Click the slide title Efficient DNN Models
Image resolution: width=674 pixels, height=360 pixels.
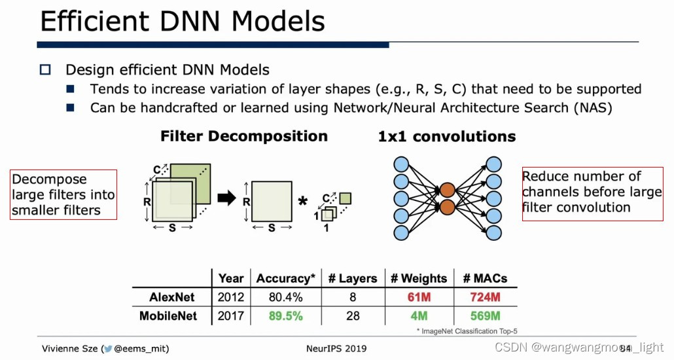tap(183, 22)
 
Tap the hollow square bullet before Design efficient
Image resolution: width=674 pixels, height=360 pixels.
tap(45, 69)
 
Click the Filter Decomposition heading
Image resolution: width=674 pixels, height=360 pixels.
tap(244, 136)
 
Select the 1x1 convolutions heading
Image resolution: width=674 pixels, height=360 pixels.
tap(447, 137)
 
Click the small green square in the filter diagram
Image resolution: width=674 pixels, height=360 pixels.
tap(345, 198)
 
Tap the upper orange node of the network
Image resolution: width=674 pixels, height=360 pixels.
tap(447, 190)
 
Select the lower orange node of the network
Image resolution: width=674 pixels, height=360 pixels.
tap(447, 207)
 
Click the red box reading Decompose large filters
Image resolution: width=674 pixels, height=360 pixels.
tap(63, 194)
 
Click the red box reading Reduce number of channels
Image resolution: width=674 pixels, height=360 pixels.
tap(592, 192)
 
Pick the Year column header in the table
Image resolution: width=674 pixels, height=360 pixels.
tap(231, 278)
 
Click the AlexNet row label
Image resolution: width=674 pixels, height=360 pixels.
tap(172, 297)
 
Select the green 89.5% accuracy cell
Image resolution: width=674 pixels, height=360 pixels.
tap(285, 315)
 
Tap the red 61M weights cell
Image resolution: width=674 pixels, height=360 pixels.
tap(418, 297)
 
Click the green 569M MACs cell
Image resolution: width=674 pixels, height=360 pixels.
tap(485, 315)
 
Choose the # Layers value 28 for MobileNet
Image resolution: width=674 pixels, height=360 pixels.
tap(353, 315)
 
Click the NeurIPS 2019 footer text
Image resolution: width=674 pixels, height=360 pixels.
tap(336, 348)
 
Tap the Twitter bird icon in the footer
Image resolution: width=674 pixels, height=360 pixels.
tap(107, 349)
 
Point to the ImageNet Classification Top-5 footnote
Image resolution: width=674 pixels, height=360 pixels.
tap(467, 331)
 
